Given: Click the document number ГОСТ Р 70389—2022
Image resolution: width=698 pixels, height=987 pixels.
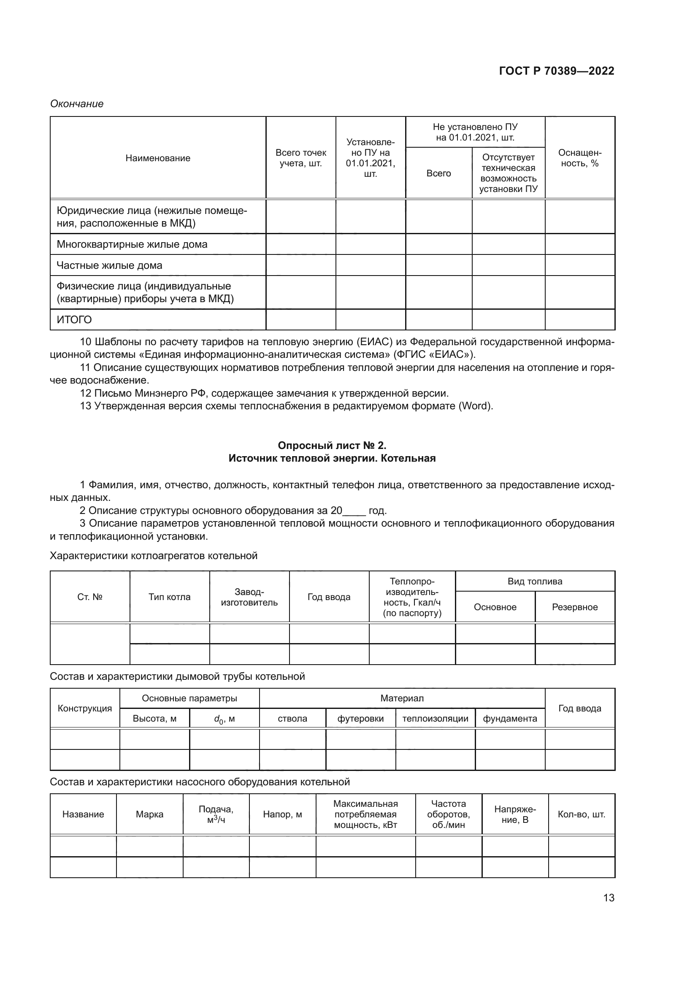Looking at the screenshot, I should point(557,71).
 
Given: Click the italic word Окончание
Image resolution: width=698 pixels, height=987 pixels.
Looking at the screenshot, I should point(77,104).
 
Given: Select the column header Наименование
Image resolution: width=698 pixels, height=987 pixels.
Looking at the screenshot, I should point(158,158).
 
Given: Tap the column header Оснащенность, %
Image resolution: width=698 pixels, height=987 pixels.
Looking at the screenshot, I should point(579,158).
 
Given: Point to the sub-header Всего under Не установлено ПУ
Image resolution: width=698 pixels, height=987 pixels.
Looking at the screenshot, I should point(438,173).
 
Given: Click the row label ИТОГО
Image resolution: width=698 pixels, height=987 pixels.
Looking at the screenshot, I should point(74,320).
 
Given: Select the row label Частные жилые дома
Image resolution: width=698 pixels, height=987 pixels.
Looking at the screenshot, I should point(110,265).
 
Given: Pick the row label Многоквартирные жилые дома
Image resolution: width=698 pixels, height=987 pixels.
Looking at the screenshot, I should point(132,244).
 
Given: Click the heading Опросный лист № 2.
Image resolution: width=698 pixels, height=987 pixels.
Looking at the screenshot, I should point(332,445).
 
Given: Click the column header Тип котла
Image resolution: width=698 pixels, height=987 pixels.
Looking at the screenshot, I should point(169,597).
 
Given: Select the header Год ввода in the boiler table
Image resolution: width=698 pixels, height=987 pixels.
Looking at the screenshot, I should point(329,597).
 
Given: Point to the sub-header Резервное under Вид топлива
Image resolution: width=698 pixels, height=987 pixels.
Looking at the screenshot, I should point(575,607).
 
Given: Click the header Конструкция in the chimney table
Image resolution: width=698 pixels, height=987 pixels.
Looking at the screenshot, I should point(85,708).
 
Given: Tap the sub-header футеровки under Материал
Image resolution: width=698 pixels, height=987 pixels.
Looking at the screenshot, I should point(360,719).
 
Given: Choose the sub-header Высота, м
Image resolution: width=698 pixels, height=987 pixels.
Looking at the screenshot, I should point(154,719).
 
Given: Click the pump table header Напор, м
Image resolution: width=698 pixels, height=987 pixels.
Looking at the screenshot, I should point(282,814).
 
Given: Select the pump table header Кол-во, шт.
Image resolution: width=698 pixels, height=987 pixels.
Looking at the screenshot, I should point(581,814).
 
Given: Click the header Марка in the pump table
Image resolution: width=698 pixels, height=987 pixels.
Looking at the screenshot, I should point(149,814).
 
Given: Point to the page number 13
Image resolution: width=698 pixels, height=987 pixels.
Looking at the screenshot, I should point(609,898).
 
